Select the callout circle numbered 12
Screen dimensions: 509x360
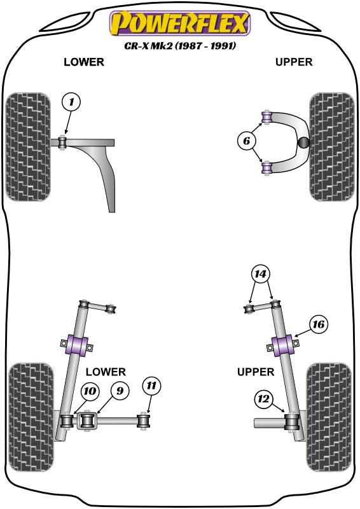pyautogui.click(x=263, y=399)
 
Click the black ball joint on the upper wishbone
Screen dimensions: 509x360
pyautogui.click(x=304, y=143)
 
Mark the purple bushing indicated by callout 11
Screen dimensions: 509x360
pyautogui.click(x=145, y=421)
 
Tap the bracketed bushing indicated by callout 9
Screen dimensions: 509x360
pyautogui.click(x=87, y=421)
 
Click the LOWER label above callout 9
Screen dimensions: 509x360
pyautogui.click(x=106, y=372)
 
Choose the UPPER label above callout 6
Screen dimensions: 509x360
pyautogui.click(x=294, y=62)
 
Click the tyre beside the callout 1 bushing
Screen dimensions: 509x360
pyautogui.click(x=28, y=146)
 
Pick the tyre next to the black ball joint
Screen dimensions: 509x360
pyautogui.click(x=330, y=146)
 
